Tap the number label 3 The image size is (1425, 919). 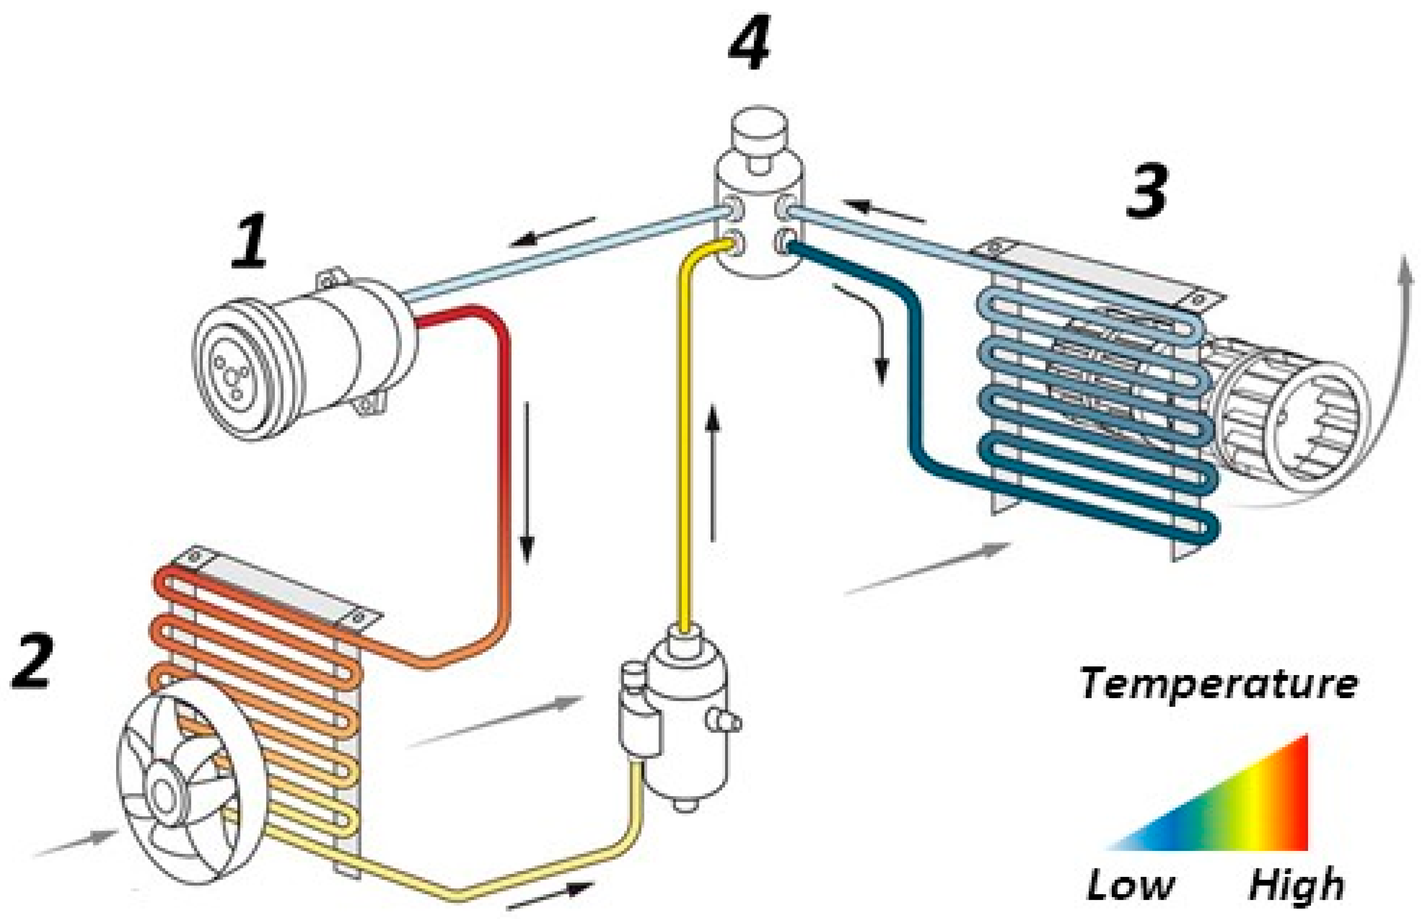(1147, 192)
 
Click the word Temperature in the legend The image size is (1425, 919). (1218, 684)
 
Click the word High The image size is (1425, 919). (1295, 885)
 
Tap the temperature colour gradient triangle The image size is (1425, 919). (1254, 812)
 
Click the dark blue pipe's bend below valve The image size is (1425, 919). (907, 310)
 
